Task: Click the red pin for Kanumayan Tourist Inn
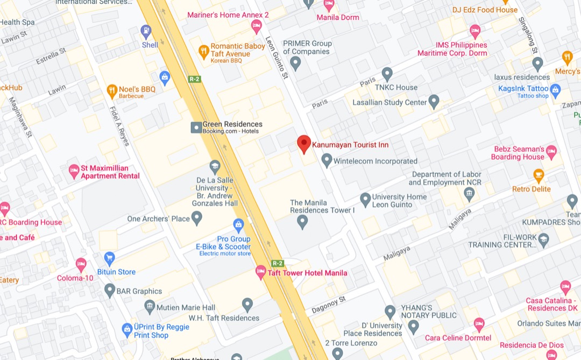click(x=304, y=144)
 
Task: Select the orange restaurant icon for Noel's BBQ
click(x=112, y=89)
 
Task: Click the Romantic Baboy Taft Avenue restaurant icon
click(x=203, y=51)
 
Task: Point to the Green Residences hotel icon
click(x=196, y=128)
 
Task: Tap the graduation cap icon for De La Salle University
click(x=215, y=165)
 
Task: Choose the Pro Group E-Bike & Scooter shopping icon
click(x=238, y=223)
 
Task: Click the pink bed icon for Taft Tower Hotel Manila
click(x=261, y=272)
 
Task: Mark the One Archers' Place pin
click(x=197, y=218)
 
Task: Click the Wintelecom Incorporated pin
click(x=327, y=160)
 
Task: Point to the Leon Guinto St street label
click(x=277, y=58)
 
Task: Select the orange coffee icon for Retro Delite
click(x=539, y=175)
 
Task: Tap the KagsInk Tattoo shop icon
click(x=556, y=89)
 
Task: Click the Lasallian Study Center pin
click(x=434, y=101)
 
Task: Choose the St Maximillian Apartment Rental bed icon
click(x=74, y=172)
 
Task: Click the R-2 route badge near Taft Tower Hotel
click(x=277, y=263)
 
